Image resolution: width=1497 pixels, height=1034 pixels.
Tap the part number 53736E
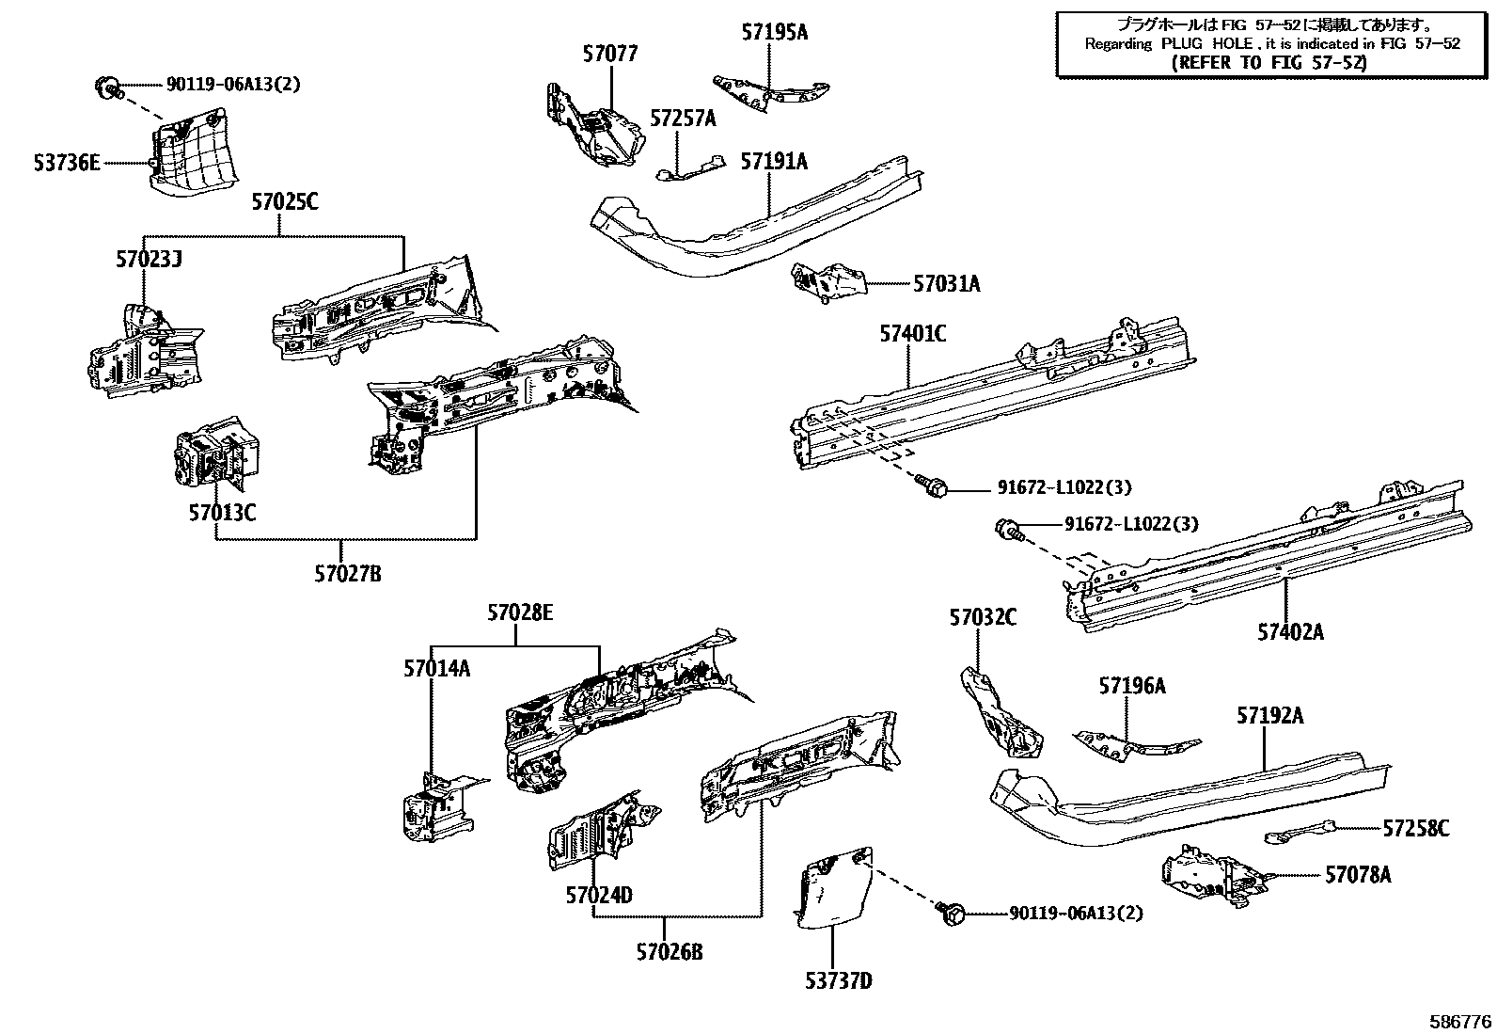(66, 163)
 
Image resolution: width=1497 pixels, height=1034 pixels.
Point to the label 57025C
(284, 201)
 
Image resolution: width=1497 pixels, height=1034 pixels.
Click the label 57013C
(222, 513)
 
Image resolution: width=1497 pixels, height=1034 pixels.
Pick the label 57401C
(912, 333)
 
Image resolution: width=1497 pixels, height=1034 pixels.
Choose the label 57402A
(1290, 632)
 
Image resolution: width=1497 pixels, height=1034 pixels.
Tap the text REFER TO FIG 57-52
(1270, 63)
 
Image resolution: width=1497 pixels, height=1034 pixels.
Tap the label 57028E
(519, 613)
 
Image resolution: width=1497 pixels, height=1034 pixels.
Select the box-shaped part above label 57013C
(218, 453)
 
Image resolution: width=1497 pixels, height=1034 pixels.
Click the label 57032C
(982, 617)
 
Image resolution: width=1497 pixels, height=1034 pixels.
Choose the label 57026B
(669, 951)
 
